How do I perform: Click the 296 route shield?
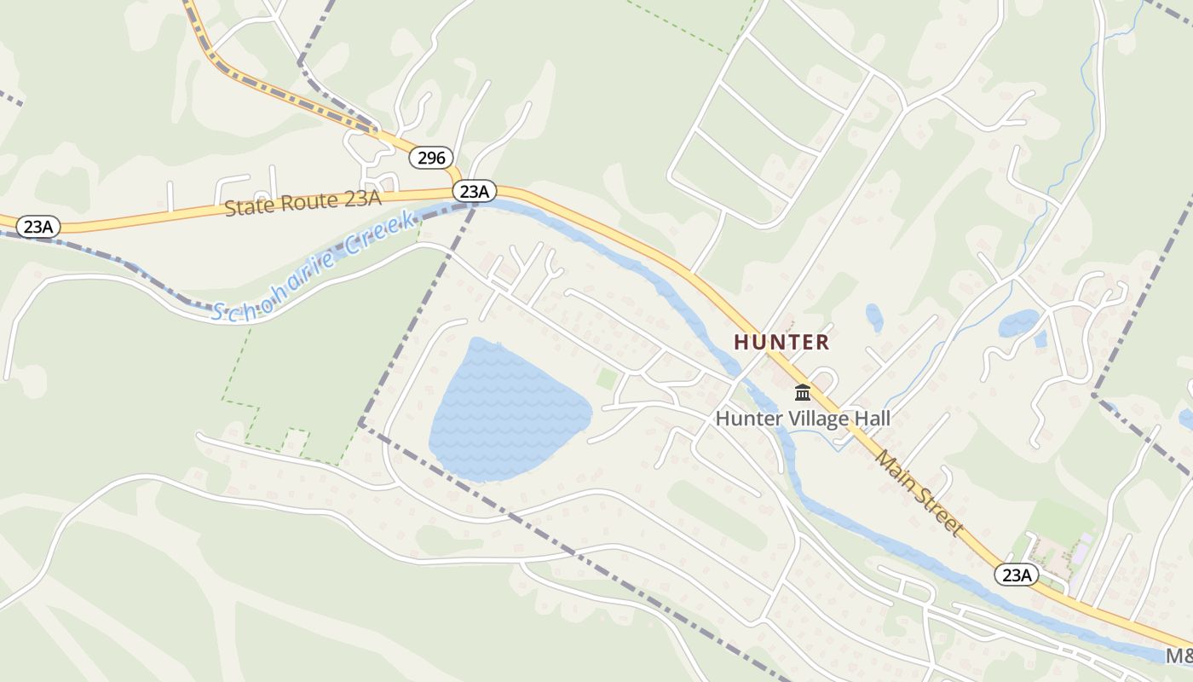click(432, 158)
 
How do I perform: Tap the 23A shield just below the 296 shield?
click(473, 192)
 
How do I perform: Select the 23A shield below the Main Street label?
click(1017, 575)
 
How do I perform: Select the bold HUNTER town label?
click(781, 343)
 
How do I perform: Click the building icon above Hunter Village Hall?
click(802, 393)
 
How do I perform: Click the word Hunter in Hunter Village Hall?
click(744, 419)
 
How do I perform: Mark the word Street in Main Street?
click(941, 513)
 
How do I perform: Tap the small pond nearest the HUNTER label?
click(874, 317)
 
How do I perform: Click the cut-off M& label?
click(1179, 656)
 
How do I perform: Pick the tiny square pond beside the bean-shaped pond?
click(1040, 339)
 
